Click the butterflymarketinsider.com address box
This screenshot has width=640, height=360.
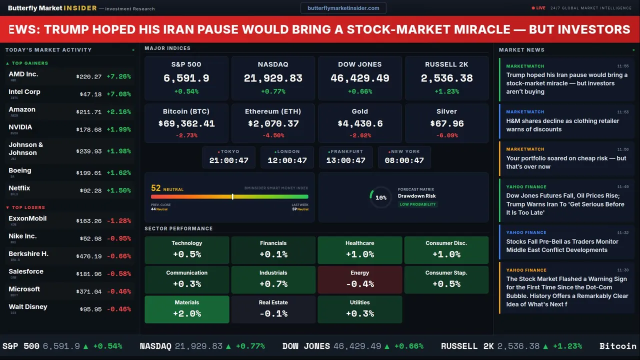[343, 8]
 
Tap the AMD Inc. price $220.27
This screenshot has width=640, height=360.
[89, 76]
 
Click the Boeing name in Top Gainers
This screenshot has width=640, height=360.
[20, 170]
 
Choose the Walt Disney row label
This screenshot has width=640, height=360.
[28, 307]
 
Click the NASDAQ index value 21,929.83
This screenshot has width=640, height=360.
[273, 78]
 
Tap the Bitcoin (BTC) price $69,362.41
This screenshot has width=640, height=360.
[186, 123]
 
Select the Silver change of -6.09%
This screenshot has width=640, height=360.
[446, 135]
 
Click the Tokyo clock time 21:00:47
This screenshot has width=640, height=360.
[229, 160]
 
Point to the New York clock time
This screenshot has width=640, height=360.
[404, 160]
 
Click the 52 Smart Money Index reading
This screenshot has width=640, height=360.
[156, 188]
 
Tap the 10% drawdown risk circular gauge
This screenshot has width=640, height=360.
[380, 197]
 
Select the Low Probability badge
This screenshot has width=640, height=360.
[417, 204]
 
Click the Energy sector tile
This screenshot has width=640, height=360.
[360, 279]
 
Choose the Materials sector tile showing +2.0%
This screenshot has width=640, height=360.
[187, 309]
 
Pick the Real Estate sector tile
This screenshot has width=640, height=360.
[273, 309]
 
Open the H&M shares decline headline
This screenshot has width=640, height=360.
[562, 125]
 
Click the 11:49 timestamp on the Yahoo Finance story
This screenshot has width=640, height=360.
[622, 187]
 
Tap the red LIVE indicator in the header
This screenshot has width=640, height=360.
[538, 8]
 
